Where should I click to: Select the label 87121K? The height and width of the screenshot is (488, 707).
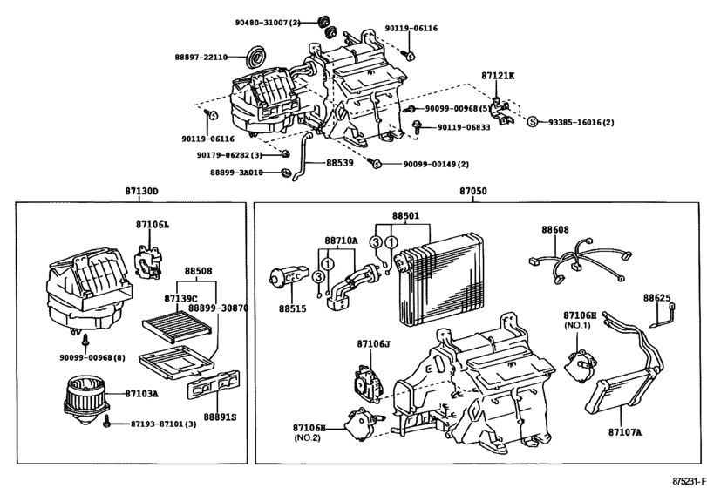click(x=498, y=76)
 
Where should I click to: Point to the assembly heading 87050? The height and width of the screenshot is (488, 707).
click(x=474, y=191)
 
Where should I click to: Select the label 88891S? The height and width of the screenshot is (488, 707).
click(x=221, y=417)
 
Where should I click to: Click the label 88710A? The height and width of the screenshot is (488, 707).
click(x=341, y=240)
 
